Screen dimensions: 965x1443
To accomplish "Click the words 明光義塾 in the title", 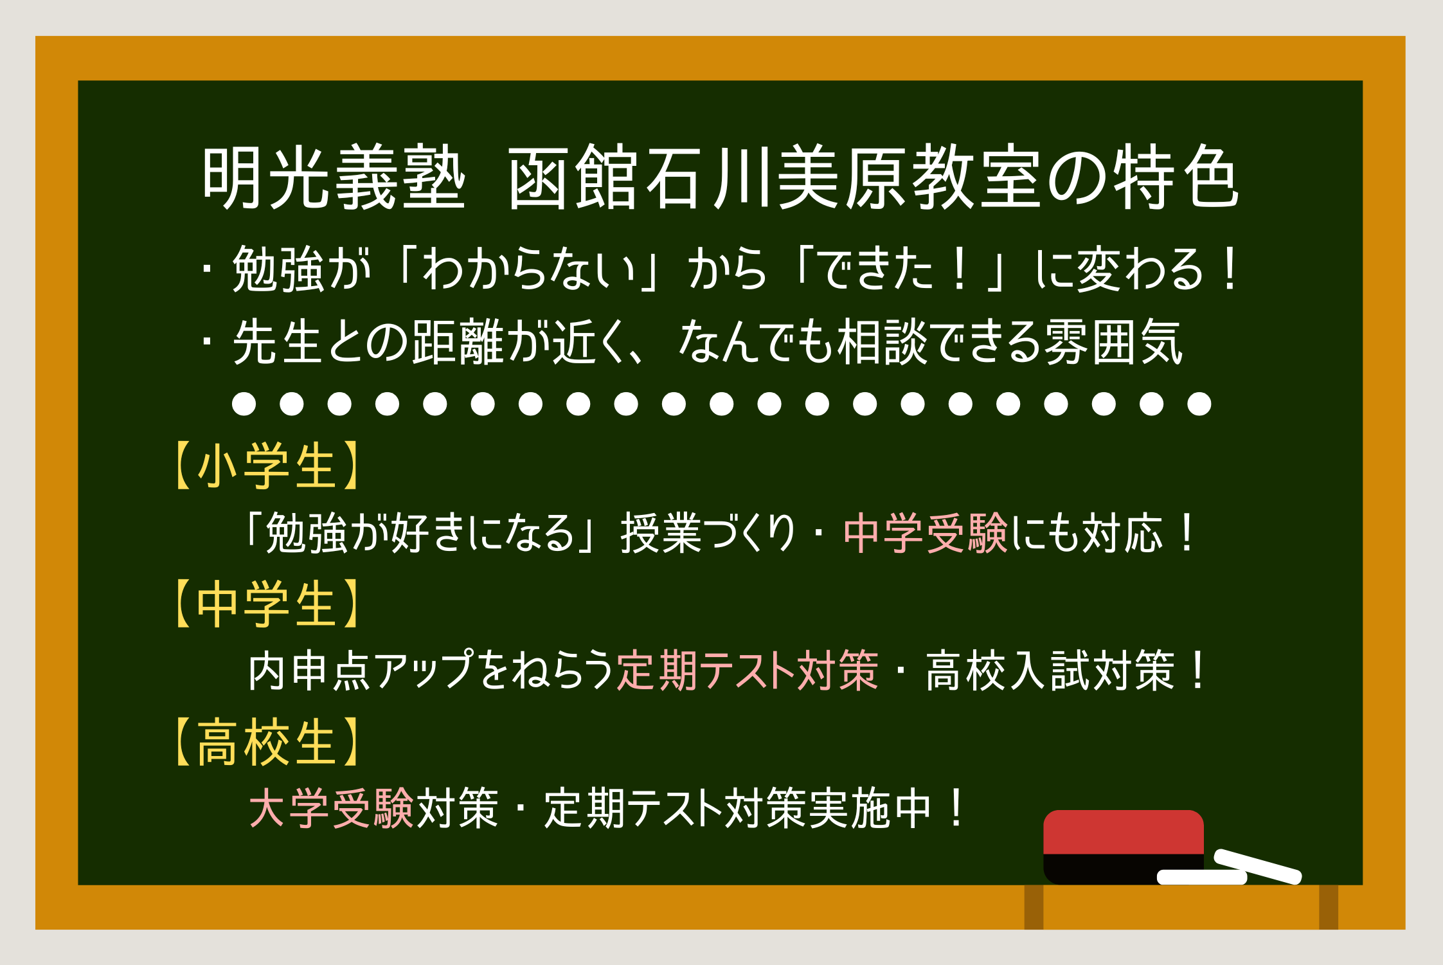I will [x=333, y=177].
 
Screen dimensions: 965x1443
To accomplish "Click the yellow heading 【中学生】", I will [x=266, y=604].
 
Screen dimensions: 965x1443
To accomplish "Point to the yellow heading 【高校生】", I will [x=266, y=743].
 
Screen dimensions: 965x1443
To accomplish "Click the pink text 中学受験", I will [x=926, y=534].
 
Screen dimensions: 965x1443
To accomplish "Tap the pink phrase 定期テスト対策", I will [x=748, y=671].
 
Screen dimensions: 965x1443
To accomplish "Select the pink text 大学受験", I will [x=332, y=808].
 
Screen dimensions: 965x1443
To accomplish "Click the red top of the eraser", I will [x=1123, y=832].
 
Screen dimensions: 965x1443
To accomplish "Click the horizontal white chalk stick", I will [x=1201, y=878].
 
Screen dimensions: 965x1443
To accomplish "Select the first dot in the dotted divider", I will [x=244, y=404].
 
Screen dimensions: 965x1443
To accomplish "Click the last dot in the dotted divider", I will [x=1199, y=404].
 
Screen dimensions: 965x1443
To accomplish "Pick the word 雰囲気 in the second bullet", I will [x=1113, y=342].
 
